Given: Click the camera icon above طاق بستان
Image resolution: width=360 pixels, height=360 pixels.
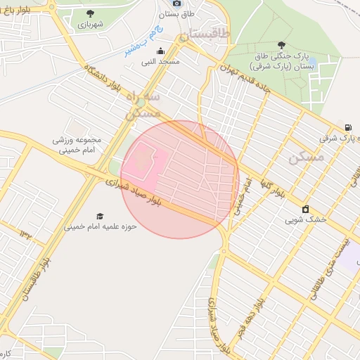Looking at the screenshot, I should click(x=176, y=4).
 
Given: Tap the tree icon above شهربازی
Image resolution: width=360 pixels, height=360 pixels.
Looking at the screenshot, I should click(x=89, y=13).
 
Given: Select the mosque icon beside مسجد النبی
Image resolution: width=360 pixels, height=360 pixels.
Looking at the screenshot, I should click(x=160, y=51).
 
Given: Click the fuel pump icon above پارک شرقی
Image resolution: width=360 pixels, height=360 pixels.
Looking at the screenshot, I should click(x=348, y=127).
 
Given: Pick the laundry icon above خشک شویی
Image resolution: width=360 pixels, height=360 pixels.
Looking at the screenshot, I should click(x=305, y=209).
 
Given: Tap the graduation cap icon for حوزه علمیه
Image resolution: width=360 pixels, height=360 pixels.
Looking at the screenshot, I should click(x=100, y=216).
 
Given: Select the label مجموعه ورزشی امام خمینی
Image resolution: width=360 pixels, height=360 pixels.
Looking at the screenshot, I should click(x=77, y=144).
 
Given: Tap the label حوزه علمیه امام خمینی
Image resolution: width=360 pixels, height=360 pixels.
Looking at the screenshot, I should click(x=101, y=227).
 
